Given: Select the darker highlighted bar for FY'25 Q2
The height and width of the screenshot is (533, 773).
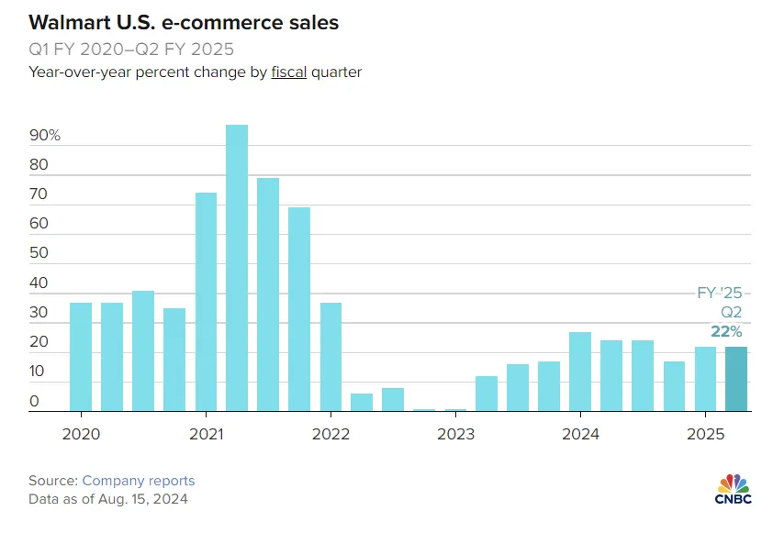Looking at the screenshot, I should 736,379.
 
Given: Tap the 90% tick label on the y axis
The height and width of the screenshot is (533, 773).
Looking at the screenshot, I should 45,135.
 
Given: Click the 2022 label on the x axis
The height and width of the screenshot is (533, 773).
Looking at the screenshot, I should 330,433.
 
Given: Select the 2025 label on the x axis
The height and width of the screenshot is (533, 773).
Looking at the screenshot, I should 705,433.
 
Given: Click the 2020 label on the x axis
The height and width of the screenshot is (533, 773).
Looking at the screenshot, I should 81,433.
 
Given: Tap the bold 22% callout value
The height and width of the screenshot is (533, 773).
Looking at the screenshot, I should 726,331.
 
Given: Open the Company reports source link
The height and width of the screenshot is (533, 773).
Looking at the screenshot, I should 139,481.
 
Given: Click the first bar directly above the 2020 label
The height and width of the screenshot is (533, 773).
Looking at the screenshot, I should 81,357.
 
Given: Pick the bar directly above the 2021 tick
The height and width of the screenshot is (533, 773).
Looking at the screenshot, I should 206,302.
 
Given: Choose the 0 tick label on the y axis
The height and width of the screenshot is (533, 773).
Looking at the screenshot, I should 34,401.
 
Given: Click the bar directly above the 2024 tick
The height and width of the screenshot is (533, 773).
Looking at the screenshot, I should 580,372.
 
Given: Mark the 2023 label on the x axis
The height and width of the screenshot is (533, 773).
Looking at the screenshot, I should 455,433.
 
